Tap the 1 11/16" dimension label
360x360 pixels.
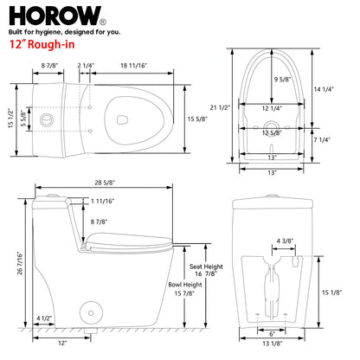click(105, 201)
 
